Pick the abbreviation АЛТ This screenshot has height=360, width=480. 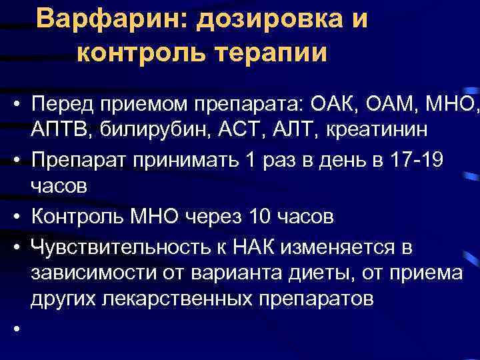pyautogui.click(x=283, y=129)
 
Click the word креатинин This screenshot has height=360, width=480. pyautogui.click(x=363, y=129)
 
